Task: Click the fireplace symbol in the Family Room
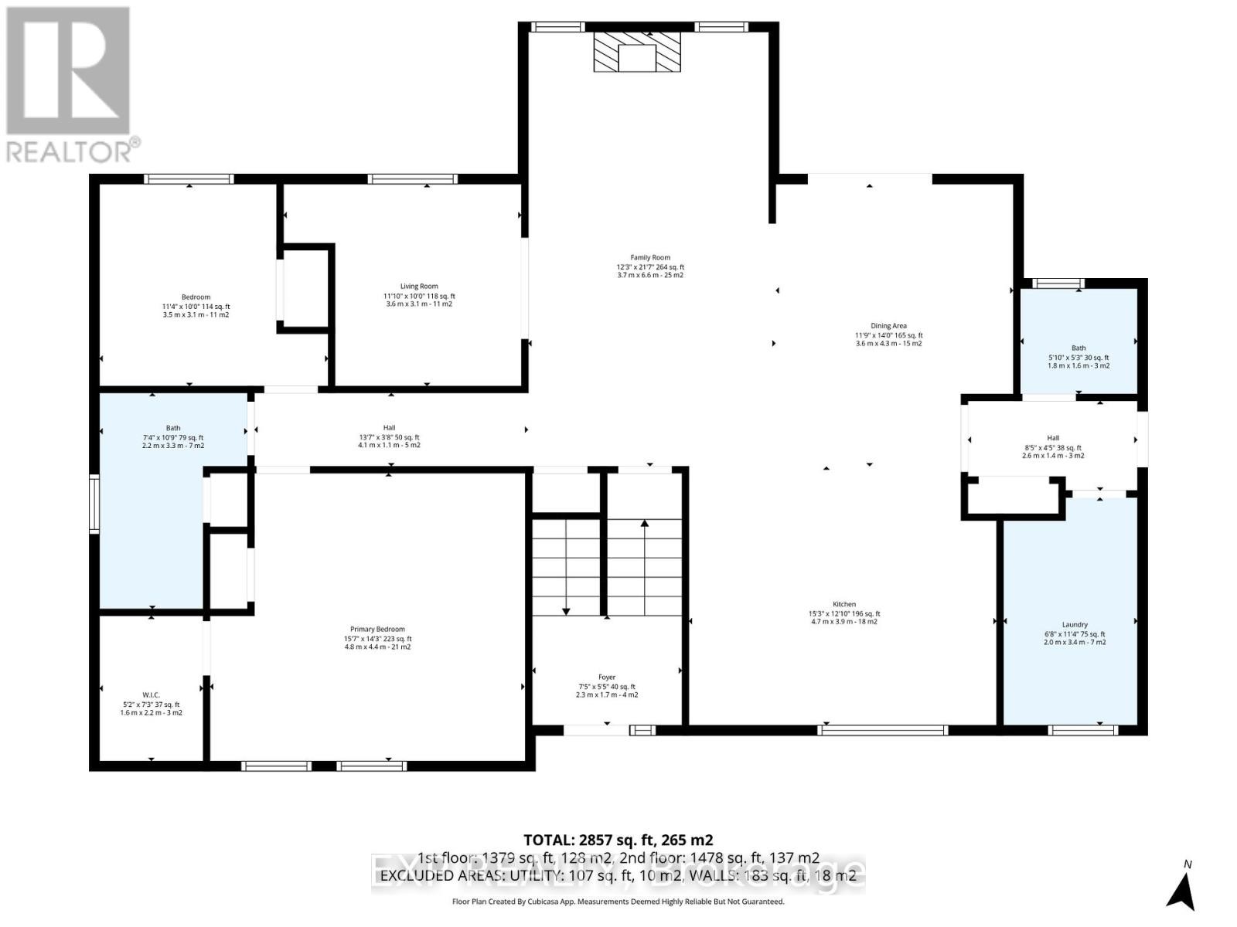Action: [x=637, y=53]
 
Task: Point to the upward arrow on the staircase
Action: [x=645, y=525]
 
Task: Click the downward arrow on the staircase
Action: [x=566, y=610]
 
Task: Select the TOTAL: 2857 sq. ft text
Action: [x=618, y=840]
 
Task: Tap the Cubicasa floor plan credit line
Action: [x=618, y=902]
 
